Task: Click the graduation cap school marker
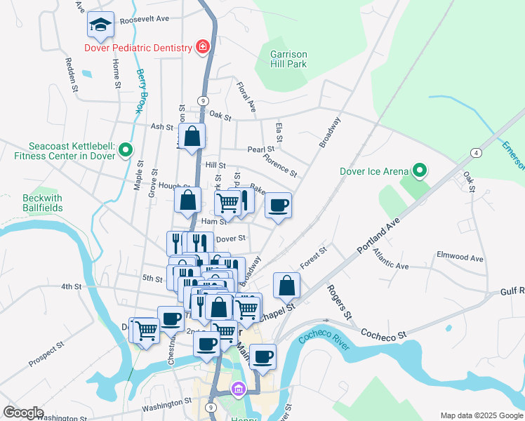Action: [100, 25]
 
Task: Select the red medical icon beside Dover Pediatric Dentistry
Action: [203, 46]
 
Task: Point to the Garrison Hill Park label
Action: [288, 58]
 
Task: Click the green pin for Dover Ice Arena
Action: [420, 170]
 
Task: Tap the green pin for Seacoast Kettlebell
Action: [126, 149]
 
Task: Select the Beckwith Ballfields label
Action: [43, 203]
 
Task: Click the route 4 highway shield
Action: [476, 152]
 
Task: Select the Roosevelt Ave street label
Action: [145, 20]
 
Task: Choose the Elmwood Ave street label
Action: [460, 258]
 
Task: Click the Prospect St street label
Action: [46, 354]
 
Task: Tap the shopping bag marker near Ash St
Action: [192, 137]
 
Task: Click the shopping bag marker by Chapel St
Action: [286, 285]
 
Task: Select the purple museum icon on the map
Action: [239, 388]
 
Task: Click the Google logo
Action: [24, 412]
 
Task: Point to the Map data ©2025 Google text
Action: [481, 415]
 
